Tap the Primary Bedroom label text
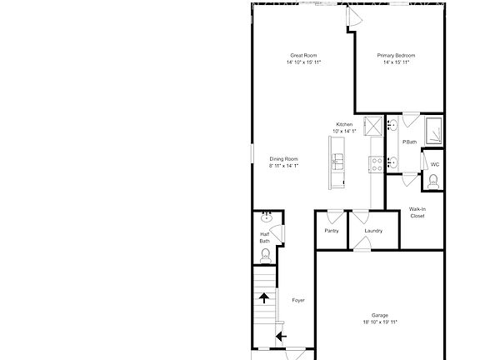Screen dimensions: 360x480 399,55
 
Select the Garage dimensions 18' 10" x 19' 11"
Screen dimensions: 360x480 379,322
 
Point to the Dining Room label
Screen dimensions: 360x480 283,158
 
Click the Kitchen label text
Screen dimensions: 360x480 344,124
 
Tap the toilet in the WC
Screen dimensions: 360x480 432,181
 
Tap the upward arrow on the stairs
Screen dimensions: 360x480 264,297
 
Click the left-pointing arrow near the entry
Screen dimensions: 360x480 281,337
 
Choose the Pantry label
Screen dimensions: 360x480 331,230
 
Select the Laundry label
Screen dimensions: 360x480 372,230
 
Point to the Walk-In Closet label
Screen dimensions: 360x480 417,212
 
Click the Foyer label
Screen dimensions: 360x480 297,300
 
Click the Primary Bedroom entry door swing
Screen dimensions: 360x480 354,17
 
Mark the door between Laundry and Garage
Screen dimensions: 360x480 362,244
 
